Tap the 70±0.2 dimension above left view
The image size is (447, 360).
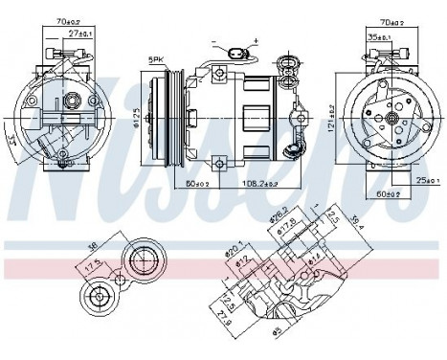[70, 19]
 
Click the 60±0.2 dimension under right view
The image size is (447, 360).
[387, 191]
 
